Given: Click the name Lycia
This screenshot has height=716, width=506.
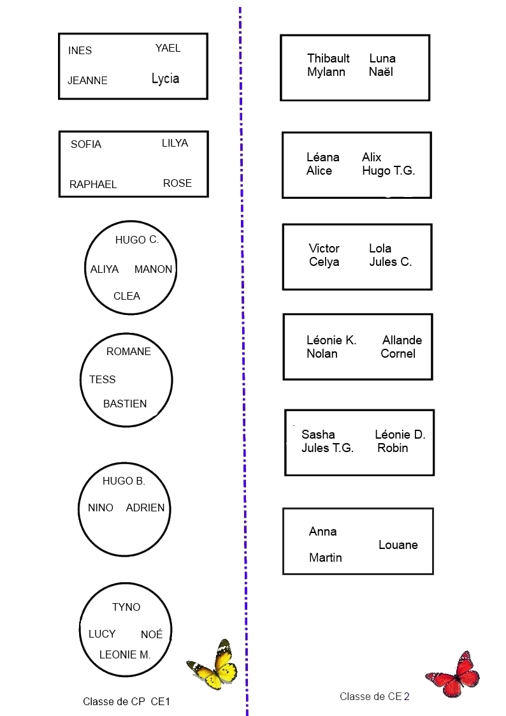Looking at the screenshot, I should click(x=165, y=78).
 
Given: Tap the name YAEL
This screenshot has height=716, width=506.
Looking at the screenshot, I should click(x=168, y=48).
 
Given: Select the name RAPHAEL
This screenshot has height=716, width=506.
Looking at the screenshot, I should click(x=93, y=184).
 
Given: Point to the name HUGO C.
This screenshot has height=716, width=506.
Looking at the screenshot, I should click(x=136, y=240).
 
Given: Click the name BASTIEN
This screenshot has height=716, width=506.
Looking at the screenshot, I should click(x=125, y=404).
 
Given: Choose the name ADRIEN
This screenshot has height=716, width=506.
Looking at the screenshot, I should click(x=145, y=508).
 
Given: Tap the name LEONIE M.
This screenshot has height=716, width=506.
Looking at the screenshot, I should click(x=125, y=654).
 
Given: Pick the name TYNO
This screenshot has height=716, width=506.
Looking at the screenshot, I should click(x=126, y=607).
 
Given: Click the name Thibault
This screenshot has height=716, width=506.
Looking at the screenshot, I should click(x=328, y=58).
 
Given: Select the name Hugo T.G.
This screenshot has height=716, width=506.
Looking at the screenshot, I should click(x=388, y=170).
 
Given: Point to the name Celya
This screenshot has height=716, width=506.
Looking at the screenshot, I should click(x=324, y=261).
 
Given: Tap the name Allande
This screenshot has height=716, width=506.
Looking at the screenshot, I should click(x=402, y=340).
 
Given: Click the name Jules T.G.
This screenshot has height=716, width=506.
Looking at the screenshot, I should click(x=328, y=448).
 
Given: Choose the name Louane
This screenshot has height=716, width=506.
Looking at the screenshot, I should click(x=398, y=544).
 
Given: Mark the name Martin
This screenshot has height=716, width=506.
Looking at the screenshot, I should click(x=325, y=557).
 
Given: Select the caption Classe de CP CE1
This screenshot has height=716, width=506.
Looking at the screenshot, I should click(x=126, y=701).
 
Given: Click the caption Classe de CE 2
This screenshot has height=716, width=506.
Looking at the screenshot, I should click(x=375, y=696).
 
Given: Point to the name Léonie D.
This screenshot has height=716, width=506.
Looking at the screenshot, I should click(x=400, y=434).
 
